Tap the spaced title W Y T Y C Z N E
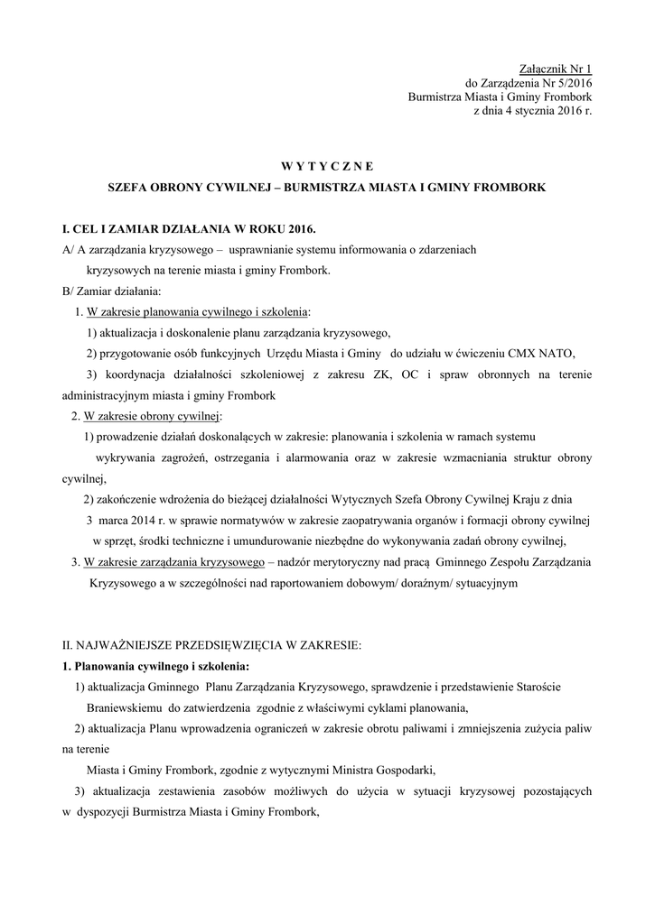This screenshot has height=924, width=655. (326, 166)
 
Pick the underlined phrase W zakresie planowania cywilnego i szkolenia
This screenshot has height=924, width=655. (196, 312)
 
